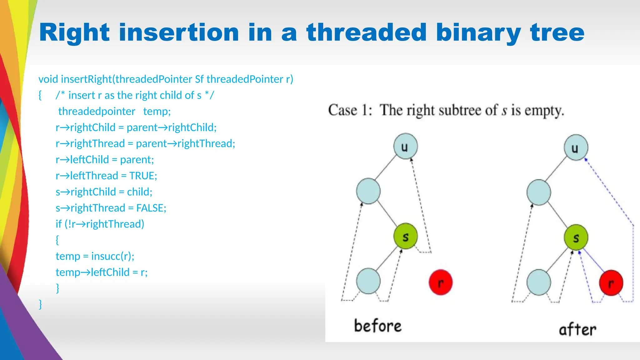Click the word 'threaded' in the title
(x=366, y=32)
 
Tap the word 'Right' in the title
(x=74, y=32)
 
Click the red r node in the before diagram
(x=440, y=282)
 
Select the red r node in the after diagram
(x=611, y=283)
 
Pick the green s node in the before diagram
(x=405, y=236)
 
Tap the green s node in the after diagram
(x=576, y=237)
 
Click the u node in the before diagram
(x=405, y=146)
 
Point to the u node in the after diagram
(x=576, y=147)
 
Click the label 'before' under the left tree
(x=377, y=326)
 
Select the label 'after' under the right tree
(x=577, y=329)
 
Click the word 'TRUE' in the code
(x=142, y=176)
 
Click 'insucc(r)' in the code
(x=112, y=256)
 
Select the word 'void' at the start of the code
(x=48, y=79)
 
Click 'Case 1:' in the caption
(x=350, y=110)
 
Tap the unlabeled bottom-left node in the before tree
(x=368, y=281)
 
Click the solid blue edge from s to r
(x=593, y=260)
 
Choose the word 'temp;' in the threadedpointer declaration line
(x=157, y=111)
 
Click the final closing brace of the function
(x=40, y=304)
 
